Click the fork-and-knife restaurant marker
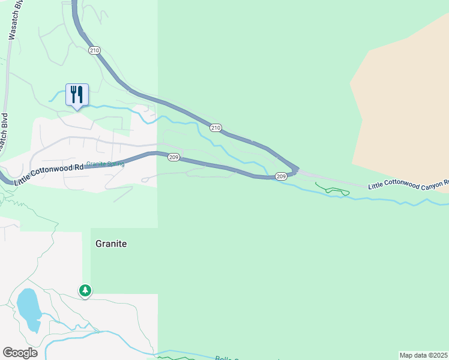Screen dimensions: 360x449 [x=77, y=95]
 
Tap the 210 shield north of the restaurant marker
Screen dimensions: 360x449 [x=94, y=50]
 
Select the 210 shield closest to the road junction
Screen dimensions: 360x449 [x=216, y=128]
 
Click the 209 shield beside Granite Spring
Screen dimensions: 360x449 [x=173, y=157]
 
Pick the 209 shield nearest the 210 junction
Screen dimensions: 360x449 [x=281, y=176]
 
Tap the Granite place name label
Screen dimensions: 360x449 [x=111, y=244]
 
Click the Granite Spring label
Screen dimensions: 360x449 [x=105, y=164]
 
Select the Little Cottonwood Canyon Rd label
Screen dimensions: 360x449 [x=408, y=184]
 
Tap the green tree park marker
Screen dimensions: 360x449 [x=85, y=290]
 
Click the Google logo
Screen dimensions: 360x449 [x=20, y=353]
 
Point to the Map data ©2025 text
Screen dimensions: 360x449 [x=424, y=355]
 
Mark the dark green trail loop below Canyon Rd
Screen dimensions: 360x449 [x=333, y=191]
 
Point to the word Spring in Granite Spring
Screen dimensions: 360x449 [x=115, y=164]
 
